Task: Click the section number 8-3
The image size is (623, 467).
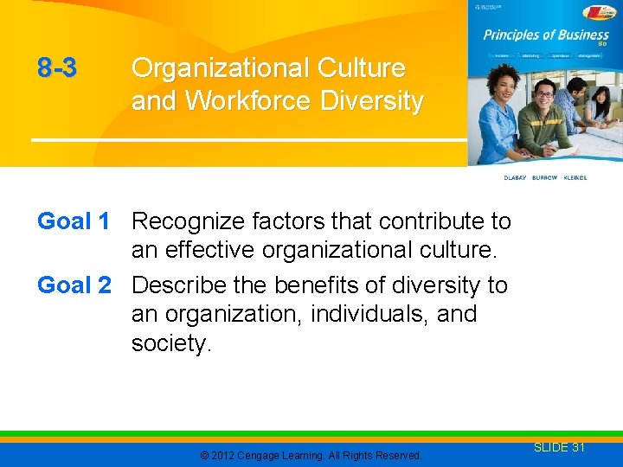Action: (57, 68)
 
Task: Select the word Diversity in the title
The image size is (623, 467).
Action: (372, 101)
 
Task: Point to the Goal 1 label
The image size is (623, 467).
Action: (74, 221)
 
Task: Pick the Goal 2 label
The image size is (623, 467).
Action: (74, 285)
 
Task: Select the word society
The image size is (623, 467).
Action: (170, 343)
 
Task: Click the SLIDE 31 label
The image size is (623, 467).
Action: (559, 447)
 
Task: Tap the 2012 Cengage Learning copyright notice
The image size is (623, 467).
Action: (311, 455)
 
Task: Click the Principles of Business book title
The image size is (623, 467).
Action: (546, 35)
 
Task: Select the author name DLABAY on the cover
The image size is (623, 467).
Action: (516, 177)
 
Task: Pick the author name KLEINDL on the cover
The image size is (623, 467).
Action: (575, 177)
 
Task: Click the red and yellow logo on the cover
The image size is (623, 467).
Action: (599, 12)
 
